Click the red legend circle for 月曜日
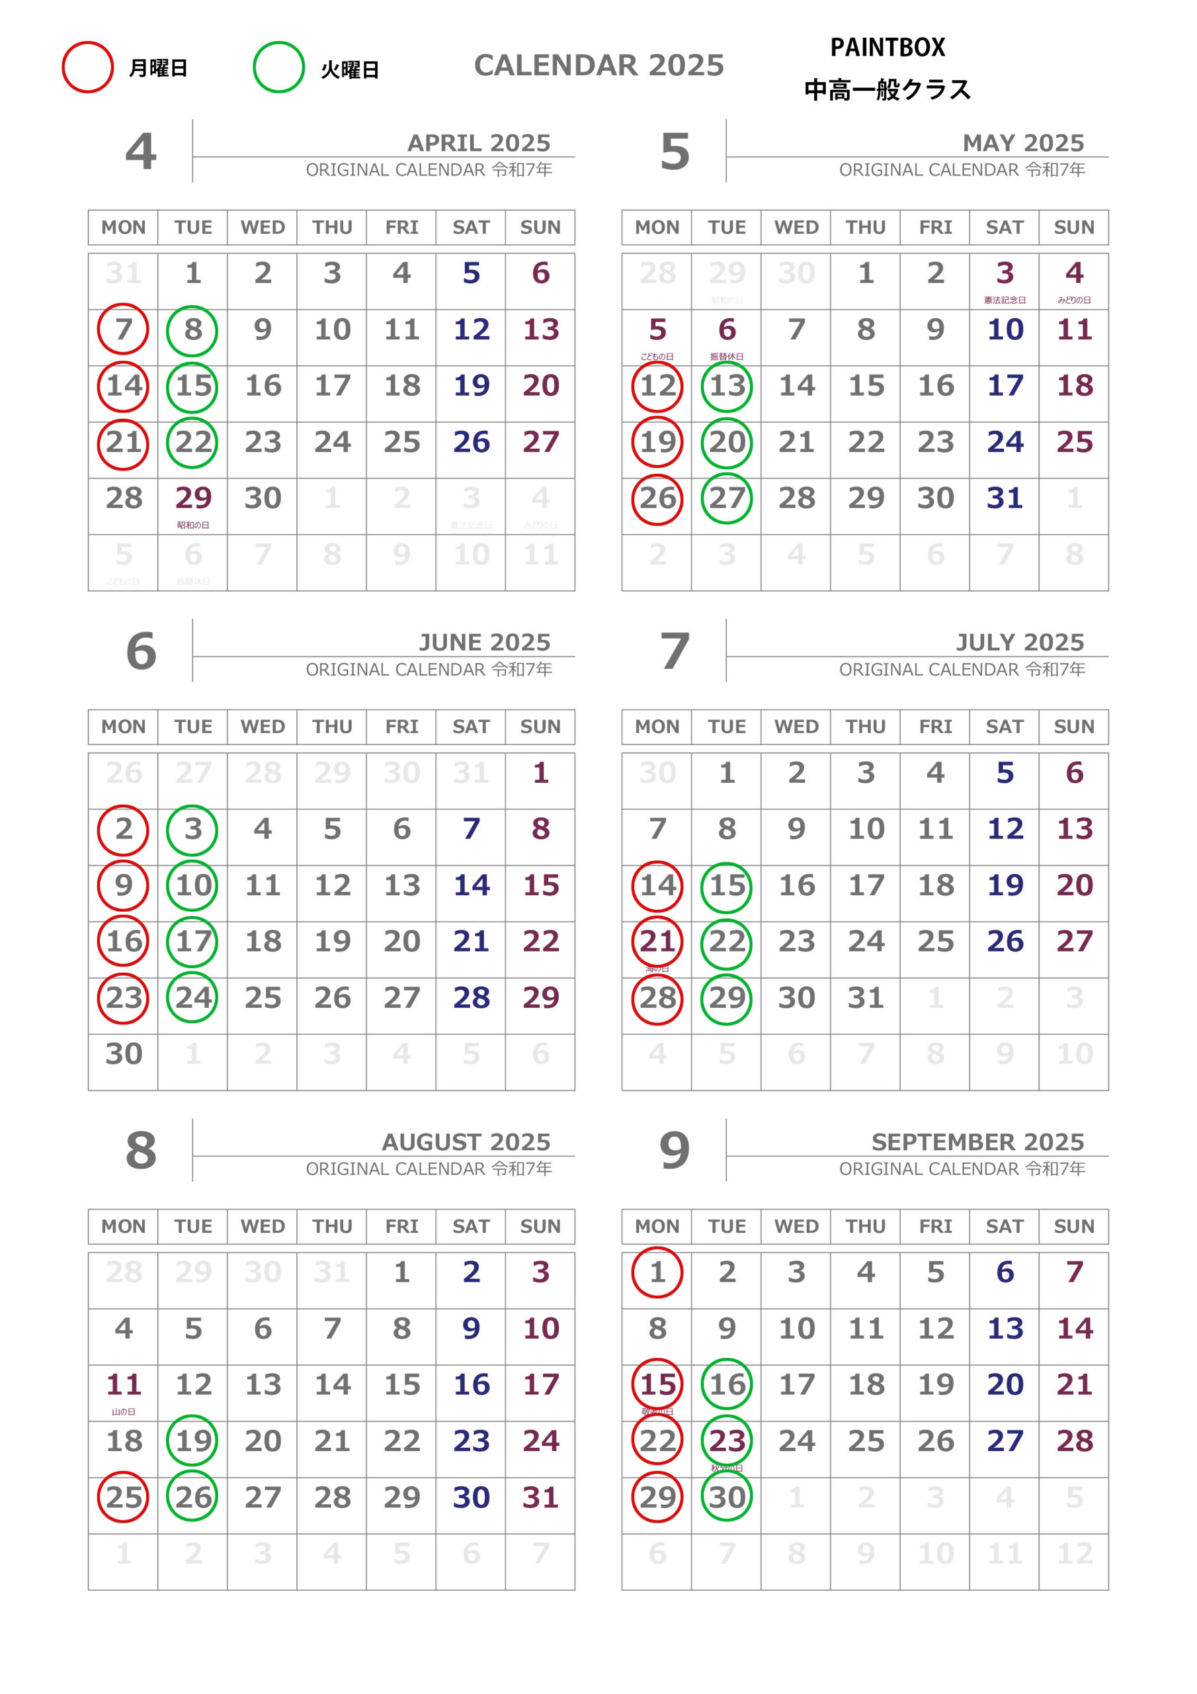tap(87, 67)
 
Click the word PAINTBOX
tap(887, 48)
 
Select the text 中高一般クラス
tap(887, 89)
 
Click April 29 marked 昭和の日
tap(192, 499)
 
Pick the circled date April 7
tap(123, 329)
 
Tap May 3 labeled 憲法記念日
tap(1005, 274)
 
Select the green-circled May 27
tap(726, 499)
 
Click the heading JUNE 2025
tap(484, 642)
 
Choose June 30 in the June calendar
tap(123, 1053)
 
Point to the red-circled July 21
tap(657, 942)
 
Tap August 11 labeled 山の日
tap(123, 1385)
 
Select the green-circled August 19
tap(192, 1441)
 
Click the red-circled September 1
tap(657, 1272)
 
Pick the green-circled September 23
tap(726, 1441)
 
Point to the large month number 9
tap(674, 1150)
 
